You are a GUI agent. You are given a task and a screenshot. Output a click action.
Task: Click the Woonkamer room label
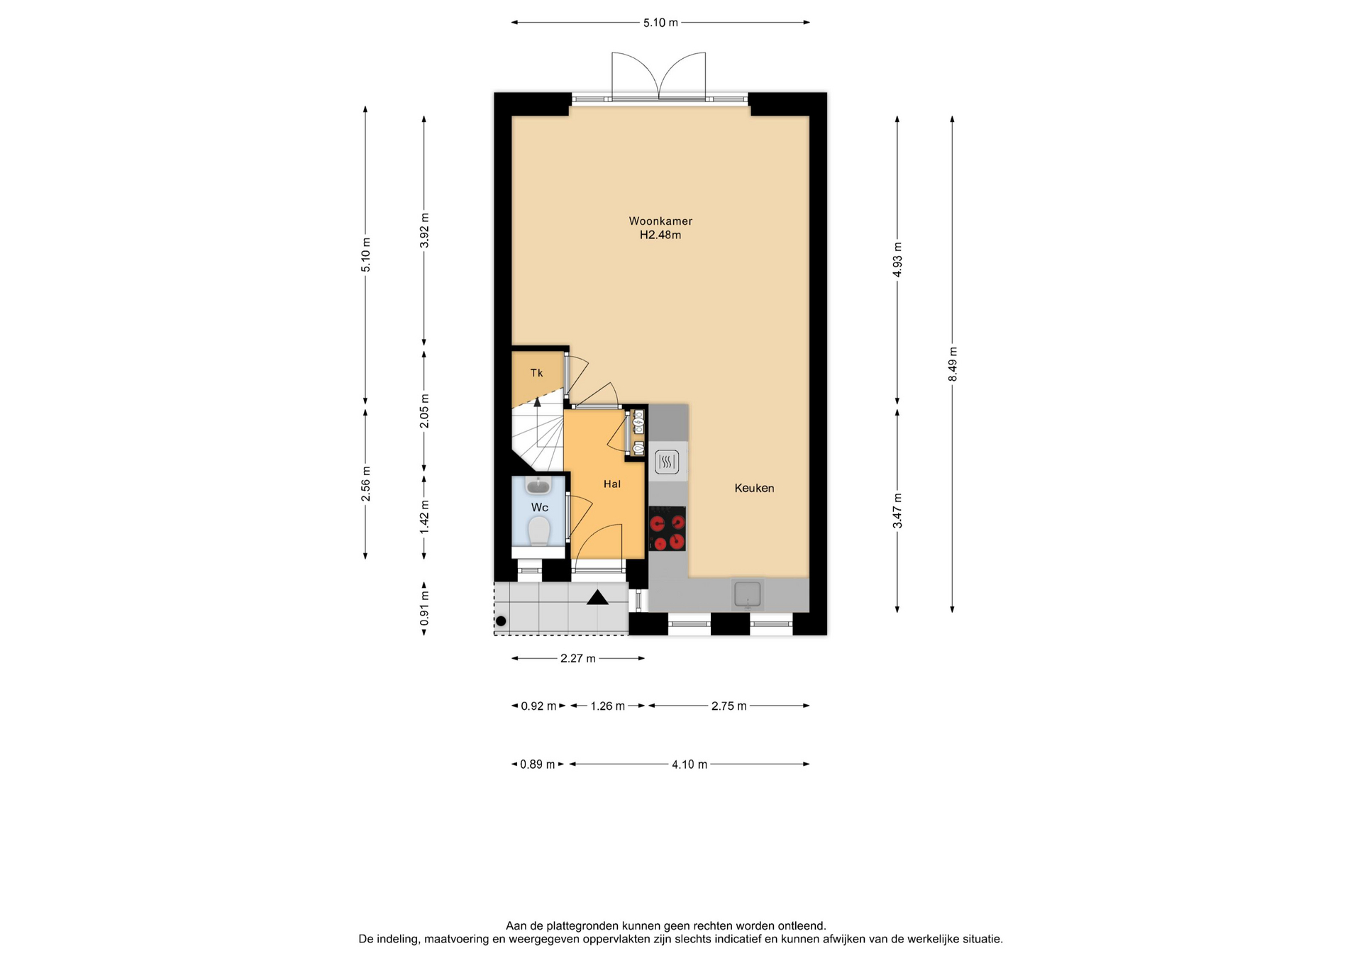click(660, 221)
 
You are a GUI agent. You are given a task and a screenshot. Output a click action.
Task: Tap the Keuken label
click(754, 488)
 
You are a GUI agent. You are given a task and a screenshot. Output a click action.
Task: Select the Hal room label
click(611, 484)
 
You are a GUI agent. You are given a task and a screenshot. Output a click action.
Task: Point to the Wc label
click(539, 507)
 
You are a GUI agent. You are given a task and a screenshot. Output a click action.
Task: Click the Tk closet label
click(536, 373)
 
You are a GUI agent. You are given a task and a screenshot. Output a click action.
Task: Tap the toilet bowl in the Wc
click(539, 530)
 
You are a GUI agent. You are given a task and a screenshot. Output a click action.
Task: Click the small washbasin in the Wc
click(539, 485)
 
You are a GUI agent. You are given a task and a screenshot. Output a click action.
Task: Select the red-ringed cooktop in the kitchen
click(667, 528)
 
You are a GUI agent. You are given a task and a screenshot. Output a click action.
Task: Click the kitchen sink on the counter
click(748, 594)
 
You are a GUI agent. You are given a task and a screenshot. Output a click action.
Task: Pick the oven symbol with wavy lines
click(667, 462)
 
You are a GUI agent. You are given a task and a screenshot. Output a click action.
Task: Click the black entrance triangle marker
click(597, 598)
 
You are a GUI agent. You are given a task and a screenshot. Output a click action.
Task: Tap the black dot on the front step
click(501, 621)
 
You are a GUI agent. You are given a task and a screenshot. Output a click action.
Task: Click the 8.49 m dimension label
click(953, 364)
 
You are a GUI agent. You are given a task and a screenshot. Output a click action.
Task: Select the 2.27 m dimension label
click(578, 659)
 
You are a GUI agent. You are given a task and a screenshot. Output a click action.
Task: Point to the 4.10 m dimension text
click(690, 764)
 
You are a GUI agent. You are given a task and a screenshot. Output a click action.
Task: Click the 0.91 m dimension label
click(424, 608)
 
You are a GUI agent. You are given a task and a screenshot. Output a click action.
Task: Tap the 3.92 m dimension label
click(424, 230)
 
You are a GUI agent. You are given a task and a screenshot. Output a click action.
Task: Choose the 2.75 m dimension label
click(729, 706)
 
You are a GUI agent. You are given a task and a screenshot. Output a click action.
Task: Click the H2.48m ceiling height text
click(660, 235)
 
